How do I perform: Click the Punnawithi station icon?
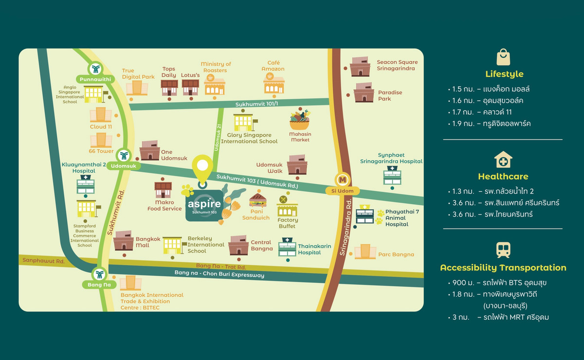[x=95, y=69]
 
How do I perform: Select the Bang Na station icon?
[x=99, y=274]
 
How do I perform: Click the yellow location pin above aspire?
[x=202, y=169]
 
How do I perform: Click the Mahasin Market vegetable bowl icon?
[x=299, y=120]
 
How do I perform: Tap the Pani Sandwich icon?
[x=257, y=200]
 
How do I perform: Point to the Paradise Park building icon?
[x=364, y=92]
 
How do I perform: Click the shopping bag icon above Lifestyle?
[x=503, y=57]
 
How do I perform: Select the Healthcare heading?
[x=503, y=176]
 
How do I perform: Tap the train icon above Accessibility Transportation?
[x=503, y=250]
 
